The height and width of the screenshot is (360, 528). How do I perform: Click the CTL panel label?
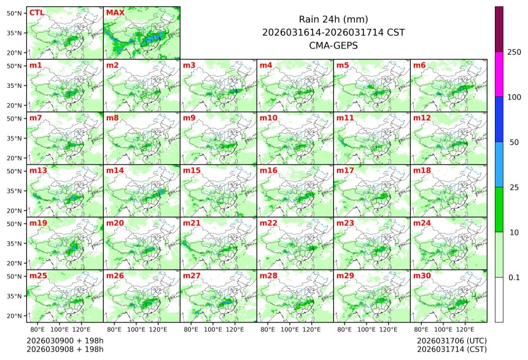tap(36, 12)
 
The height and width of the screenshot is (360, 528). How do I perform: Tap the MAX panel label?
tap(114, 12)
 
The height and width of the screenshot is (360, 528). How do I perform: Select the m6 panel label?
tap(420, 65)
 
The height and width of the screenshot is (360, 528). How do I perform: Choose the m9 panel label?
tap(189, 118)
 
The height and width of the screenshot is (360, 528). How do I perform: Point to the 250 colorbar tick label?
tap(514, 52)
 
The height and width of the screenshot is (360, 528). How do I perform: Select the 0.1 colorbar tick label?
tap(514, 278)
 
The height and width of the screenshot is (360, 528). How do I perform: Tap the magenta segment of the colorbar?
tap(499, 74)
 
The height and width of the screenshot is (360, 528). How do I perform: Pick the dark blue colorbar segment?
tap(499, 119)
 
